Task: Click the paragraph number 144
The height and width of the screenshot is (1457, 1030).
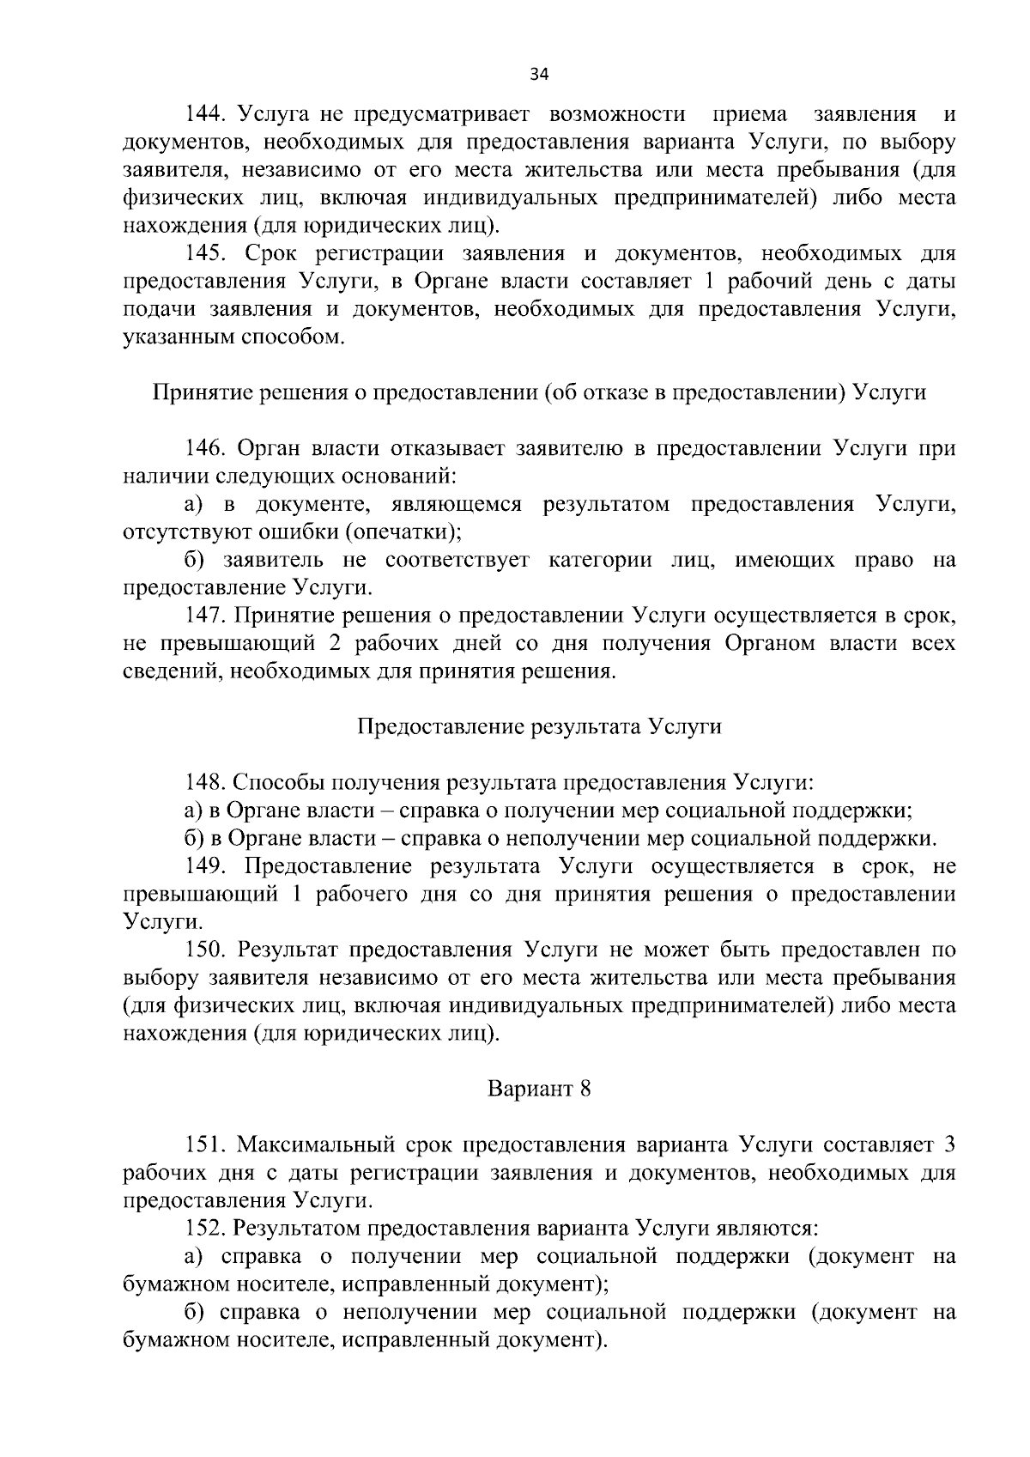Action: pyautogui.click(x=207, y=114)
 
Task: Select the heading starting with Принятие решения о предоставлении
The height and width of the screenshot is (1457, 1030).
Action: pyautogui.click(x=539, y=392)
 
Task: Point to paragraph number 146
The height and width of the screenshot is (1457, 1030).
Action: pyautogui.click(x=207, y=448)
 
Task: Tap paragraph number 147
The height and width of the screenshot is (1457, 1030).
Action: pyautogui.click(x=207, y=616)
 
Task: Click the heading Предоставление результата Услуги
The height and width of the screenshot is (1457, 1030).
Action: pyautogui.click(x=539, y=726)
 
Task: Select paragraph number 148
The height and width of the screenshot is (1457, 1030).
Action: pyautogui.click(x=207, y=782)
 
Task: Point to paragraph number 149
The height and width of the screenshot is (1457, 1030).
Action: pyautogui.click(x=207, y=865)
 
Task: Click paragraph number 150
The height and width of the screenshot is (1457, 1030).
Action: pyautogui.click(x=207, y=950)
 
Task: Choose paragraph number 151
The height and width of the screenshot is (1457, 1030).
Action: pyautogui.click(x=207, y=1144)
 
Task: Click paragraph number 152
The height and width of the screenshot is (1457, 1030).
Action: pyautogui.click(x=207, y=1229)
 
